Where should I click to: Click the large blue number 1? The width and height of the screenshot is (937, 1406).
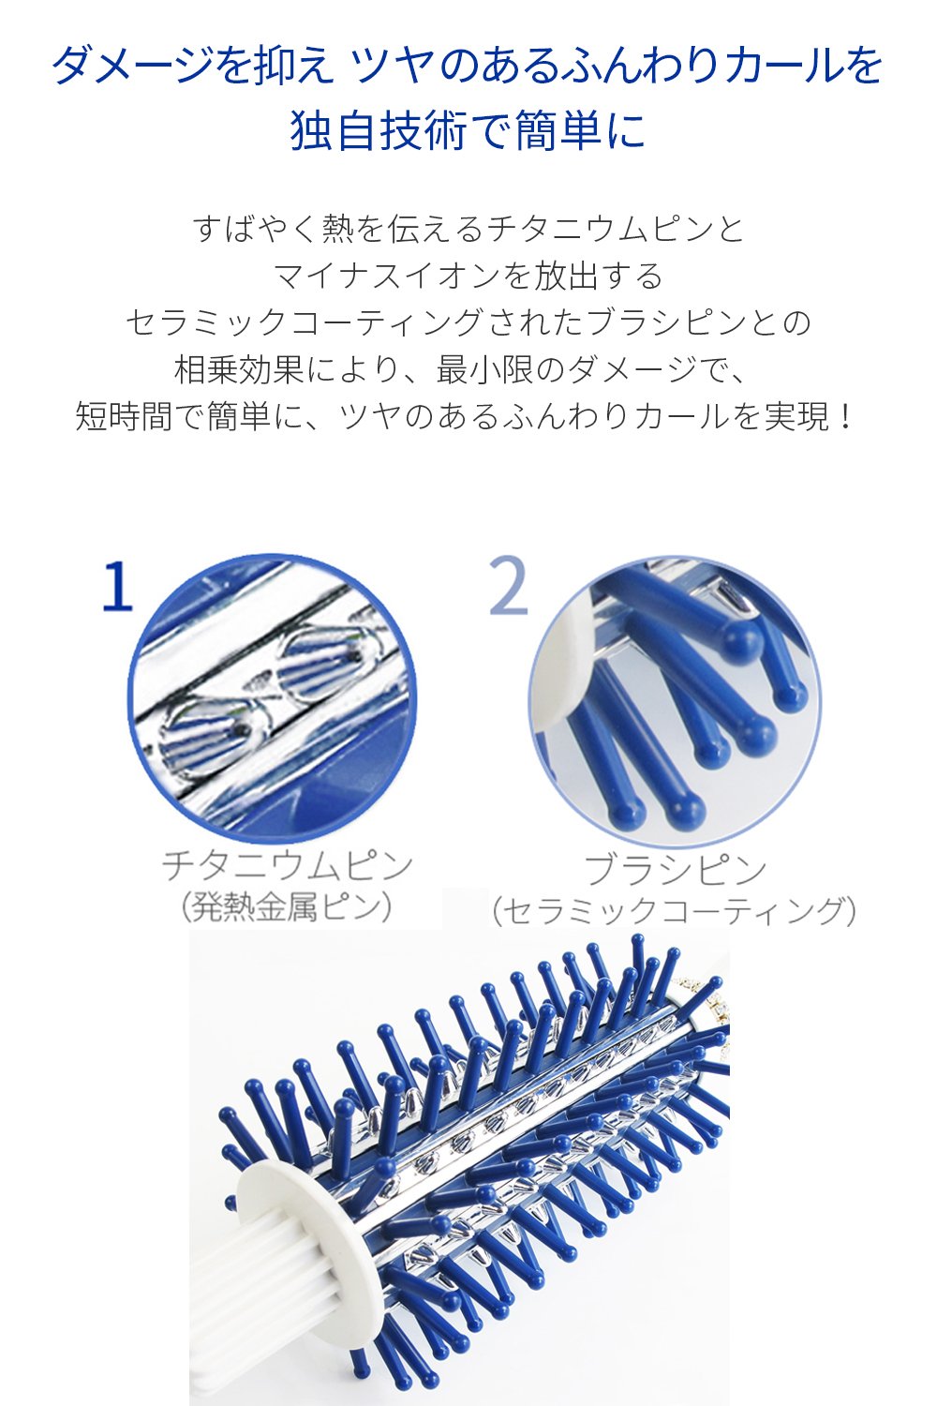click(119, 586)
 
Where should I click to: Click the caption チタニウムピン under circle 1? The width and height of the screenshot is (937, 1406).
click(288, 865)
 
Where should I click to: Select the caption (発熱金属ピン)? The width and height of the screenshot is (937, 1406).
click(286, 907)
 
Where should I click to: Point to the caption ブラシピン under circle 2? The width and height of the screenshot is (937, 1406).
click(676, 869)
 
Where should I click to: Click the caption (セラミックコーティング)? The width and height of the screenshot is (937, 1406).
click(674, 911)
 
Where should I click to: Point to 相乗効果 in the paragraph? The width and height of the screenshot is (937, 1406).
click(239, 370)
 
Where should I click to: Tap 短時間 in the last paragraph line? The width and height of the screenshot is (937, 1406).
click(124, 416)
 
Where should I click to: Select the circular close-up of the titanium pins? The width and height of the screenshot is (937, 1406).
click(273, 698)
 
